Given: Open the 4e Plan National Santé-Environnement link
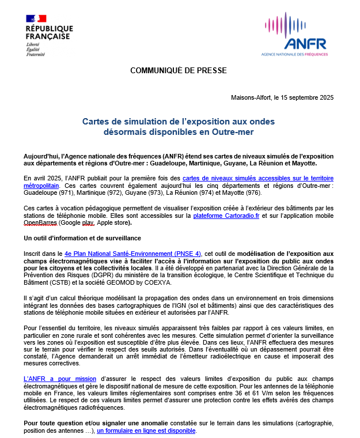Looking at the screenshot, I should tap(133, 253).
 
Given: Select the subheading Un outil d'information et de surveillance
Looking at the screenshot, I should tap(82, 237).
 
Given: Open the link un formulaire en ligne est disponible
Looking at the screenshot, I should tap(146, 431).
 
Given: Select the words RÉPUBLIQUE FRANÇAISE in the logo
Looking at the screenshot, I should tap(49, 33).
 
